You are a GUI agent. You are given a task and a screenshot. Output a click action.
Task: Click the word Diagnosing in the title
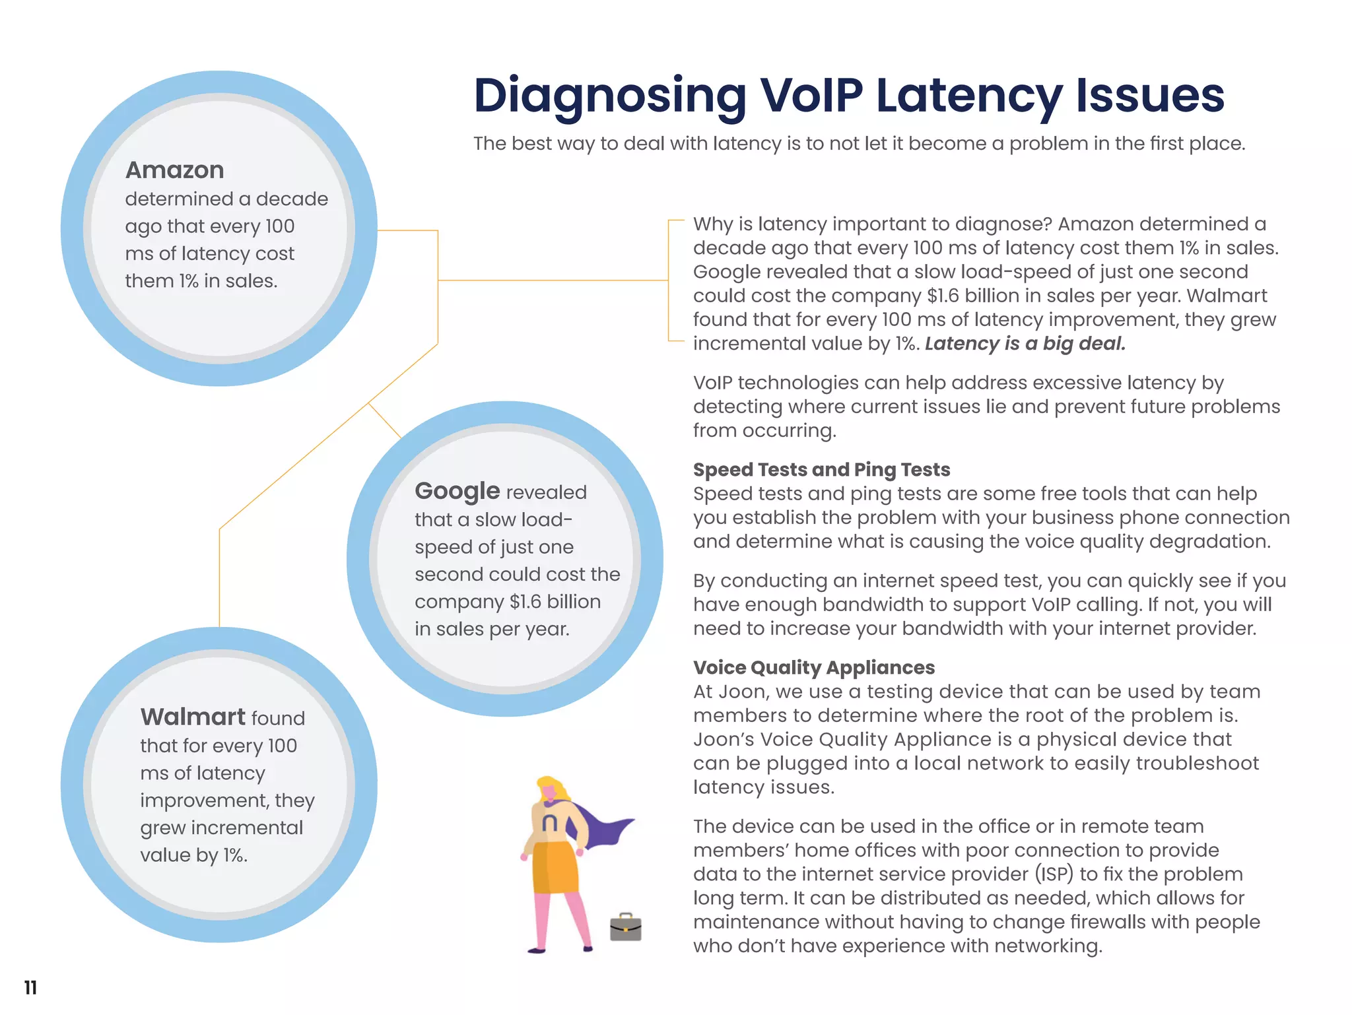point(609,96)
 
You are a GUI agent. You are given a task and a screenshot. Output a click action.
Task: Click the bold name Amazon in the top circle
point(175,170)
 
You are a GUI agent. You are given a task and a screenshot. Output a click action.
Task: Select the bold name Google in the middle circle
point(457,491)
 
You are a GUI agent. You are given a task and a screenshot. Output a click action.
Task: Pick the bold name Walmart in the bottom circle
point(193,717)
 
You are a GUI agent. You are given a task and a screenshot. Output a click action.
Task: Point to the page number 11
point(30,987)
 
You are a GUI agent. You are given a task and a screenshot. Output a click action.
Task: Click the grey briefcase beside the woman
point(625,927)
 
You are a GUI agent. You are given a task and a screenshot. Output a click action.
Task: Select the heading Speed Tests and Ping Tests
point(821,470)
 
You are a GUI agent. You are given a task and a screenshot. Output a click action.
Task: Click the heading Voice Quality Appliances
point(813,668)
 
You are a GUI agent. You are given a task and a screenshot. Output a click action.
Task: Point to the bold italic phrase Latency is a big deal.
point(1025,344)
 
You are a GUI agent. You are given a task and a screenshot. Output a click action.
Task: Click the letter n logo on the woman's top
point(549,823)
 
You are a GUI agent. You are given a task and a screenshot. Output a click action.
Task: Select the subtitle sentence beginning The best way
point(859,144)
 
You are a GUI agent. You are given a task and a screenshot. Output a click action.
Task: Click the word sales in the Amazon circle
point(252,281)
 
